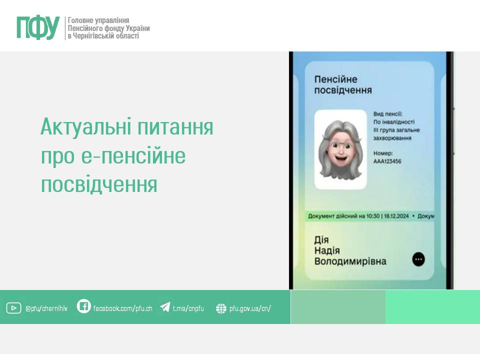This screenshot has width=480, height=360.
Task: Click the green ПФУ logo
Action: pos(38,27)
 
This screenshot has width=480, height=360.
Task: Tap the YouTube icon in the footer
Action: pos(14,308)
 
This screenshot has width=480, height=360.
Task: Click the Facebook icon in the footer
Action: pos(83,306)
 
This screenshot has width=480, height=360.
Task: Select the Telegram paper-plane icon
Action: pos(165,306)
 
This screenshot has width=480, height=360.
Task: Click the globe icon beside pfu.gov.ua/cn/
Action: pos(221,308)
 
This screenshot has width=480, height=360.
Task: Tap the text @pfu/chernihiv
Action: pos(46,308)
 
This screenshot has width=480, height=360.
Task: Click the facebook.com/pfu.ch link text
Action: pos(123,308)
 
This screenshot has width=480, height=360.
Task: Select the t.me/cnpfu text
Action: pos(188,308)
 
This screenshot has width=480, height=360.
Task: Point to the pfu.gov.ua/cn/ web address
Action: pos(250,308)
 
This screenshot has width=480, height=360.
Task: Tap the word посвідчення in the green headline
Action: pos(99,184)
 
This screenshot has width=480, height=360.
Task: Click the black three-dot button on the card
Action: pos(418,259)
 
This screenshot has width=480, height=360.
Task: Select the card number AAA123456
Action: pos(387,161)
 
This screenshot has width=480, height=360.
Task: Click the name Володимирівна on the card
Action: pos(350,261)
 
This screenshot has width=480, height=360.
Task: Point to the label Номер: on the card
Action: pos(383,153)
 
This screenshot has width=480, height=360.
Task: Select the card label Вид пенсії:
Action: pos(388,114)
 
